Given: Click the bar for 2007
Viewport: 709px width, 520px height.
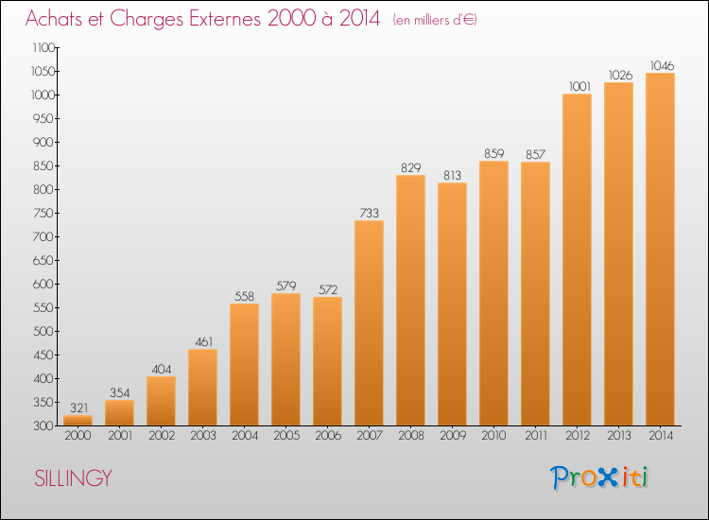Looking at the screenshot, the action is (369, 322).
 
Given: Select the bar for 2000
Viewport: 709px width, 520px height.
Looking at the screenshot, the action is (78, 420).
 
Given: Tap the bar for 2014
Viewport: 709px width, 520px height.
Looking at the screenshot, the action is (660, 250).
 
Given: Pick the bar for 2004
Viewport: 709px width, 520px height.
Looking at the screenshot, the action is (244, 364).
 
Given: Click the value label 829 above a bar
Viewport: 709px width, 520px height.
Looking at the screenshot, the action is (410, 167).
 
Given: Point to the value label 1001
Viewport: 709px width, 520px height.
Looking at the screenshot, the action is (579, 86).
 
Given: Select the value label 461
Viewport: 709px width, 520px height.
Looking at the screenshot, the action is (203, 342).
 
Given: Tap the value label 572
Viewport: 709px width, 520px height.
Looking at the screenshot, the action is (328, 290).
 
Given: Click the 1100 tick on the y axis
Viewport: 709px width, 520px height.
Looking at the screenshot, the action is (43, 47).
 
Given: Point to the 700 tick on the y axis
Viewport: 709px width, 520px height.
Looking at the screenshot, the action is (43, 236).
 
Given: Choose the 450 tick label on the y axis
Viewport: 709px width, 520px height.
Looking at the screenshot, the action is (43, 355).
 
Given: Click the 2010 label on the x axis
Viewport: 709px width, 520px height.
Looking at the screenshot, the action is (493, 436).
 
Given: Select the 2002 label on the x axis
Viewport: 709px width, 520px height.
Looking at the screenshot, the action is (162, 436).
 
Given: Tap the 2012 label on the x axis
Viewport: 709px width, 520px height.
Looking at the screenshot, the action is (578, 436).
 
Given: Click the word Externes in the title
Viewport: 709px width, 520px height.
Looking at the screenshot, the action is (225, 19).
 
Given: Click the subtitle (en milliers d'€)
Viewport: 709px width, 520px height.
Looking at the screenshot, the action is (435, 20).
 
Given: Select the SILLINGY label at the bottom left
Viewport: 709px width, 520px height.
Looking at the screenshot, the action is (73, 478).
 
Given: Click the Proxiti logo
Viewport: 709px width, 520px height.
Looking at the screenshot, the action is (599, 477).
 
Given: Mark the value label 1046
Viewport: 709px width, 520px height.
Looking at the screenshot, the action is (662, 66).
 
